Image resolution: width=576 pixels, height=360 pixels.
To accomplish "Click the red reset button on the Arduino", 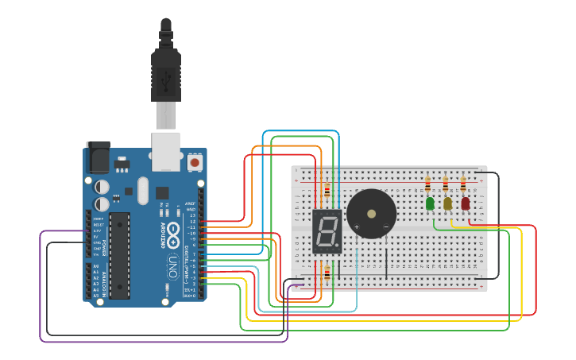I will point(195,162).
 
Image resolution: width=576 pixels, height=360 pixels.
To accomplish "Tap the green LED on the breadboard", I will point(430,203).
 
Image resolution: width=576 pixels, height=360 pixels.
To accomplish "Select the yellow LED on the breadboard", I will point(447,203).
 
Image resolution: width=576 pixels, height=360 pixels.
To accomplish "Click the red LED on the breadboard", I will point(465,203).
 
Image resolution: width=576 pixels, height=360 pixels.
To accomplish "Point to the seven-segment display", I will point(327,231).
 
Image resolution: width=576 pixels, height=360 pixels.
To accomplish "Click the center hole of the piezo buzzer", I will point(371,213).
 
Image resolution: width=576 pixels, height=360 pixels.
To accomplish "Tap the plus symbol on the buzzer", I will point(356,227).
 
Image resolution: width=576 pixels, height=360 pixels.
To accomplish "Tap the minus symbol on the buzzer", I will point(386,227).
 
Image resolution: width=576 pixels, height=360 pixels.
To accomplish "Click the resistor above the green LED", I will point(428,185).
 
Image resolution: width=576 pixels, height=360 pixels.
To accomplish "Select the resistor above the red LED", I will point(463,185).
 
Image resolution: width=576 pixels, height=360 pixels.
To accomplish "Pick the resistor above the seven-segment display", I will point(327,191).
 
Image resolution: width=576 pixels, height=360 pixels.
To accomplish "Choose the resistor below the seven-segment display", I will point(327,273).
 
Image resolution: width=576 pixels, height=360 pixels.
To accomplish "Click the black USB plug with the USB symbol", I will point(166,76).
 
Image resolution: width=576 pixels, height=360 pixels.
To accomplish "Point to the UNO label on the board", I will point(172,267).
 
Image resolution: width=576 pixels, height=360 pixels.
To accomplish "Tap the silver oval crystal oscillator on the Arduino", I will point(142,190).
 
